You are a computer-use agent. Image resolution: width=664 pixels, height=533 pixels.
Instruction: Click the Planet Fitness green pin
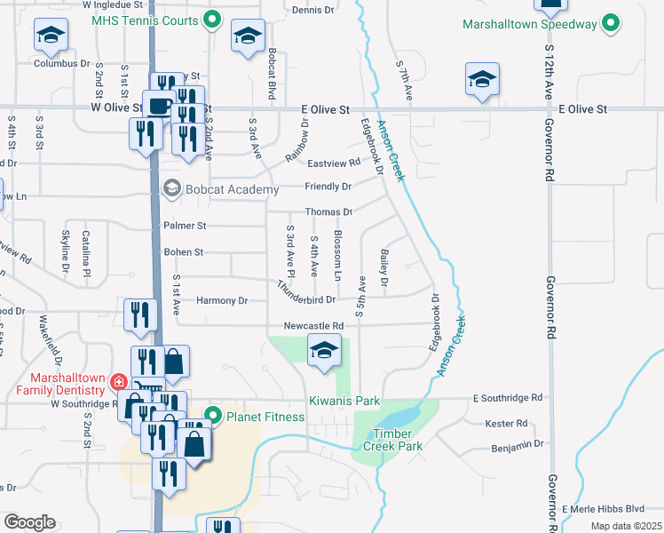213,415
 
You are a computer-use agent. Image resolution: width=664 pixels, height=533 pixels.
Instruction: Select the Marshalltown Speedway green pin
611,24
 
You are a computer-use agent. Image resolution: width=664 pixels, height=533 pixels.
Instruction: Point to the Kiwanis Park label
344,401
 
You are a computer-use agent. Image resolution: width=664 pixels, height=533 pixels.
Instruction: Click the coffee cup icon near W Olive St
159,105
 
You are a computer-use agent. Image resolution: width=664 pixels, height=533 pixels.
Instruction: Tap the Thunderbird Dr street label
305,294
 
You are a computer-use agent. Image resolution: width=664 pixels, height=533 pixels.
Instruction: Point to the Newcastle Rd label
312,326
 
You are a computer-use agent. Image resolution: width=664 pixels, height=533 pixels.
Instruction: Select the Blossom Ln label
338,251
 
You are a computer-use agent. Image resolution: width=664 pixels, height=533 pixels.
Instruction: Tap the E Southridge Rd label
507,397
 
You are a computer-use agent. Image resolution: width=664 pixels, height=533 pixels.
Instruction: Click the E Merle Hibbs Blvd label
603,508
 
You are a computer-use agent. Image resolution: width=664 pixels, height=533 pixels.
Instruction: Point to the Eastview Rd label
334,163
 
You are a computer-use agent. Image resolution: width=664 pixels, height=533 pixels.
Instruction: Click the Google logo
28,522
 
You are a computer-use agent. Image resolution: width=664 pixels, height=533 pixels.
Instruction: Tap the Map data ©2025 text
626,526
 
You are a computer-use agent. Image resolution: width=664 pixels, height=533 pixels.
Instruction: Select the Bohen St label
184,252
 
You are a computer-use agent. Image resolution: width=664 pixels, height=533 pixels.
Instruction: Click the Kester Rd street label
507,424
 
